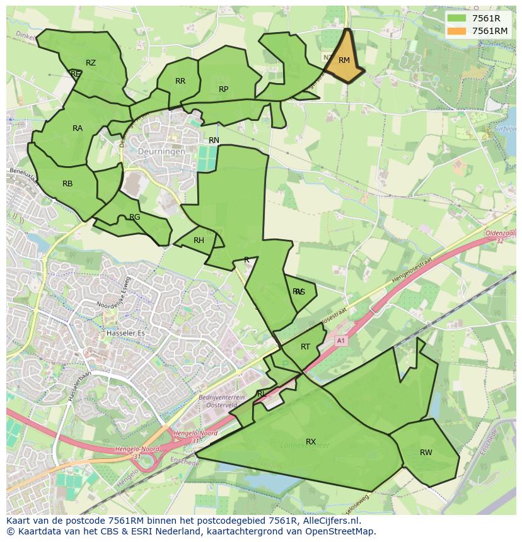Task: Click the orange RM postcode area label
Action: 344,60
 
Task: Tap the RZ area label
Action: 91,62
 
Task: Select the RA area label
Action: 78,128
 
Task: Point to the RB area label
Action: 67,184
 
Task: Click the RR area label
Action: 180,81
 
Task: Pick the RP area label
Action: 223,89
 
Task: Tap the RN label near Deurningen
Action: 214,140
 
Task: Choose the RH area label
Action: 199,240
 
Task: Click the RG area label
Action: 134,217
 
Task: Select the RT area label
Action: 305,347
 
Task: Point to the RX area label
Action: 310,442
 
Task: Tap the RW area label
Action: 426,453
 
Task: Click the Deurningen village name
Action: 162,152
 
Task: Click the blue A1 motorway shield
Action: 341,341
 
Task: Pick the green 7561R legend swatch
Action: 457,18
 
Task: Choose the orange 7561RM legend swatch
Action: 457,31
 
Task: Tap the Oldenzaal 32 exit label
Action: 501,237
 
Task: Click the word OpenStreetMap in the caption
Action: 341,531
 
